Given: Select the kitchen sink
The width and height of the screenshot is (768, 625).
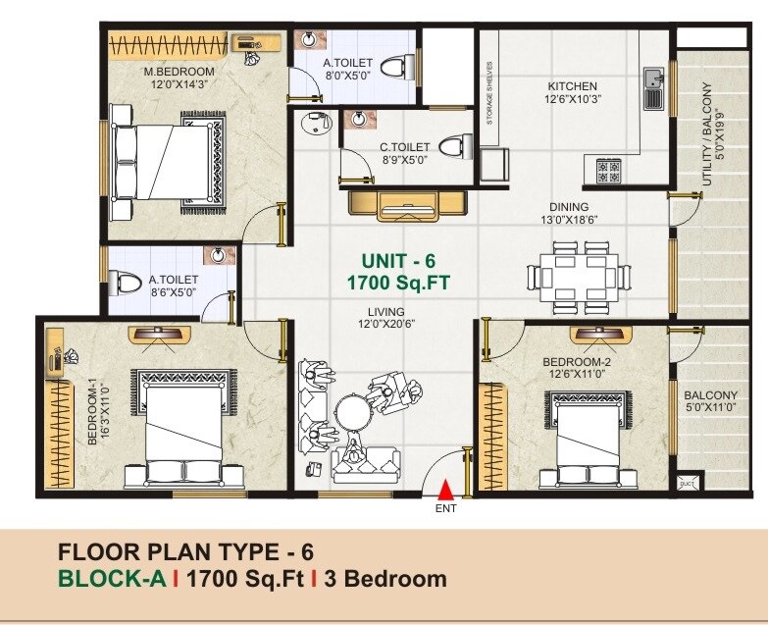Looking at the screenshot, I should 653,89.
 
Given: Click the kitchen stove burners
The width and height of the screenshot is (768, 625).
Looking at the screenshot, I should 608,172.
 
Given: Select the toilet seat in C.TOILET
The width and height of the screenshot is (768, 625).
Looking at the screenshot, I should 450,147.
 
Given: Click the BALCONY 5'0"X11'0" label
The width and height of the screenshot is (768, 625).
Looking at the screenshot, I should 711,402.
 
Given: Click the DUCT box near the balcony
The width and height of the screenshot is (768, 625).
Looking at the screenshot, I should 686,481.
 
